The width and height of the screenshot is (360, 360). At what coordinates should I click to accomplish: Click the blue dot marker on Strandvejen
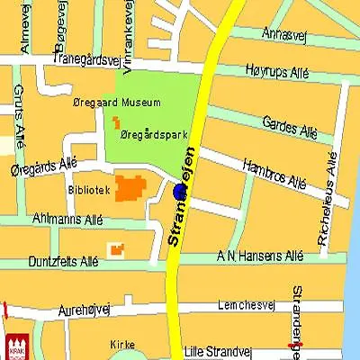point(178,193)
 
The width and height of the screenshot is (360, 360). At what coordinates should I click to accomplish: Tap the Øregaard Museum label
point(116,103)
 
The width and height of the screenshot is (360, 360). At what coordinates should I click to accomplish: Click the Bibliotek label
point(88,190)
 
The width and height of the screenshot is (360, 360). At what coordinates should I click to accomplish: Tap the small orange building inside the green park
point(116,121)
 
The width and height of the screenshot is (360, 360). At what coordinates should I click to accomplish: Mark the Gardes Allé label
point(290,127)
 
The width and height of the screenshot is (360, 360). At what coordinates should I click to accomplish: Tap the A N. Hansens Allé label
point(260,256)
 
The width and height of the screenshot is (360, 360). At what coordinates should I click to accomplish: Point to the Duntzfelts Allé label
point(64,262)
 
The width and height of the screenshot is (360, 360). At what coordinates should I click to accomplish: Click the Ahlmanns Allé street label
point(67,220)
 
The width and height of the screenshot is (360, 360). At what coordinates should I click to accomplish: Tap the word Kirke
point(122,345)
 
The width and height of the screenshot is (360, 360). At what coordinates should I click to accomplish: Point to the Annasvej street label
point(283,33)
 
